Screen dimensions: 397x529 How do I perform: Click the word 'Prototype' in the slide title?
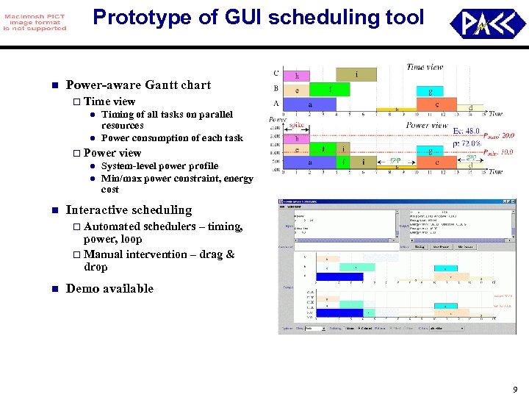pyautogui.click(x=137, y=17)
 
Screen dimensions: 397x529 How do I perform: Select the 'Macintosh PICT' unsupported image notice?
pyautogui.click(x=35, y=23)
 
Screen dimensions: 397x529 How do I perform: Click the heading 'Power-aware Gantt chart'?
pyautogui.click(x=138, y=85)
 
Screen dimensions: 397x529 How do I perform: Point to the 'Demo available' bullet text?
pyautogui.click(x=109, y=288)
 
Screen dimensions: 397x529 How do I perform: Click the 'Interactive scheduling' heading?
pyautogui.click(x=129, y=210)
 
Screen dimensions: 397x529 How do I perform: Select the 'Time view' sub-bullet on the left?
pyautogui.click(x=109, y=101)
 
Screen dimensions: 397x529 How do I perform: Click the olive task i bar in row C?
pyautogui.click(x=356, y=74)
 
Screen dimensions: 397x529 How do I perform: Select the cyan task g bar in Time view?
pyautogui.click(x=429, y=90)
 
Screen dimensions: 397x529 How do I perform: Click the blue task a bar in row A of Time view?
pyautogui.click(x=310, y=104)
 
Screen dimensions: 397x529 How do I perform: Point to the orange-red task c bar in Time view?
pyautogui.click(x=437, y=104)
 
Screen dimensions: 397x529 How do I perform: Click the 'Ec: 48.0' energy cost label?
pyautogui.click(x=467, y=131)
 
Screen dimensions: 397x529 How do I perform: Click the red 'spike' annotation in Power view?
pyautogui.click(x=297, y=126)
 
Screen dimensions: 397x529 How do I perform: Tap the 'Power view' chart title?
pyautogui.click(x=427, y=125)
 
